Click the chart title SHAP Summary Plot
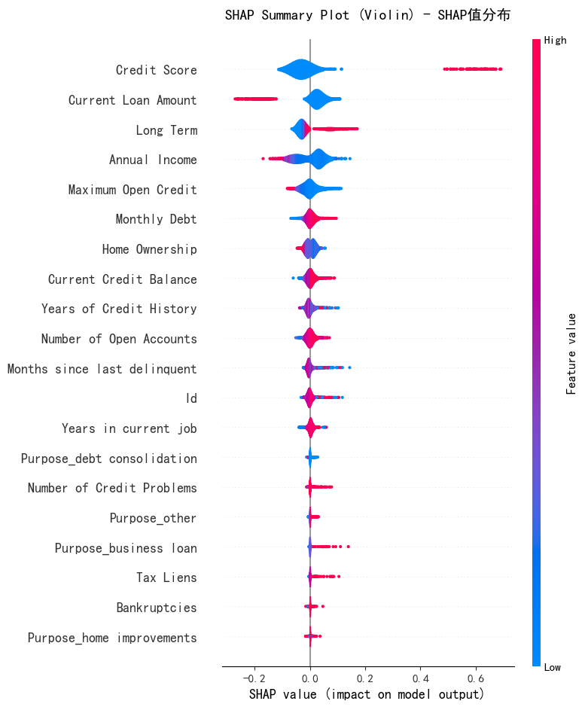[367, 15]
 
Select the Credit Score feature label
[156, 70]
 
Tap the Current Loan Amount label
[133, 99]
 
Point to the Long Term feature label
[166, 130]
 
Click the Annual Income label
[153, 160]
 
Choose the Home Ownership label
[149, 249]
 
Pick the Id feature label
[191, 398]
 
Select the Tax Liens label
[166, 577]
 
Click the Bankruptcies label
[157, 608]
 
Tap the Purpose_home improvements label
[112, 638]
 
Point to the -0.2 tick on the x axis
[254, 678]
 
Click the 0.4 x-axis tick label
[420, 678]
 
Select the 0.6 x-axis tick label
[475, 678]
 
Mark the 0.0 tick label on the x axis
[310, 678]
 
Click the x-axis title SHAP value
[366, 694]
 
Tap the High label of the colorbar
[555, 40]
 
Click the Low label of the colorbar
[552, 667]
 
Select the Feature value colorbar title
[571, 354]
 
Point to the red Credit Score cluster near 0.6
[472, 69]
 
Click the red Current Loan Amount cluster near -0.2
[256, 99]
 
